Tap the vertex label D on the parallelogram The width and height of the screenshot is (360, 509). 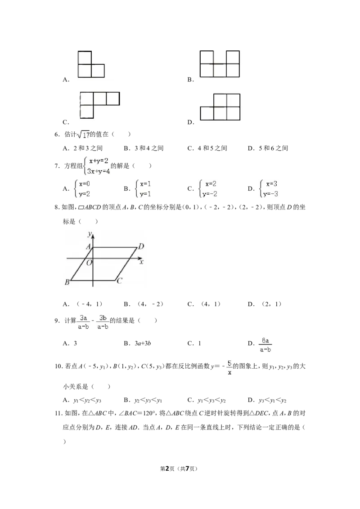pos(141,246)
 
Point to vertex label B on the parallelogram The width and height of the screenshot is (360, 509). pos(67,282)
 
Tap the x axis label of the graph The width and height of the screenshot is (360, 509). pos(141,261)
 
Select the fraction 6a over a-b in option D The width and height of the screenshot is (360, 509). pos(265,345)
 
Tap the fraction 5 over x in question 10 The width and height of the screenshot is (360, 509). pos(229,368)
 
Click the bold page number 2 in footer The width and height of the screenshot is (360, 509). pos(168,469)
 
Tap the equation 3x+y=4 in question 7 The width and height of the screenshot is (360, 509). pos(99,171)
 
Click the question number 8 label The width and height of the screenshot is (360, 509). pos(57,207)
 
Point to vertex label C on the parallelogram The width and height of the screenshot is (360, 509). pos(119,281)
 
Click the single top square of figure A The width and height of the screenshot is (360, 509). pos(85,58)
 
